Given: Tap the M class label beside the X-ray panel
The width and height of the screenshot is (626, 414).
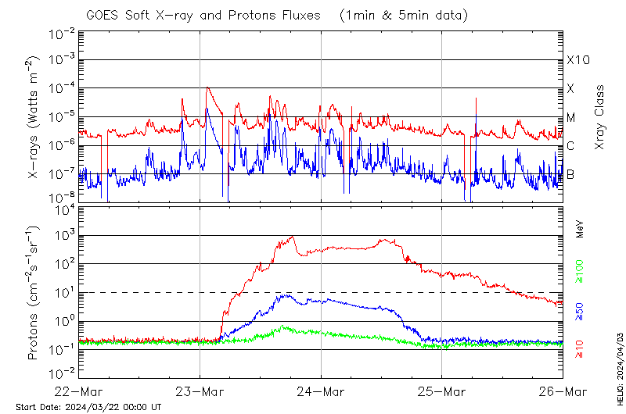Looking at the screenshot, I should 571,118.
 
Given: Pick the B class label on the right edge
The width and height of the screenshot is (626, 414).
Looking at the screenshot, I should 570,174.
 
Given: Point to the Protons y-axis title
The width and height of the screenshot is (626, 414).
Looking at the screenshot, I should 34,294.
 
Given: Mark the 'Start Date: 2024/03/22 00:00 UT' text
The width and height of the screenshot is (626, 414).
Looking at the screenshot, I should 88,407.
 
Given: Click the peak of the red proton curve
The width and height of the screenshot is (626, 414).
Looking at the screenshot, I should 293,237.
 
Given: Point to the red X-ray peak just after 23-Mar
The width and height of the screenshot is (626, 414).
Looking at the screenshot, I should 207,87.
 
